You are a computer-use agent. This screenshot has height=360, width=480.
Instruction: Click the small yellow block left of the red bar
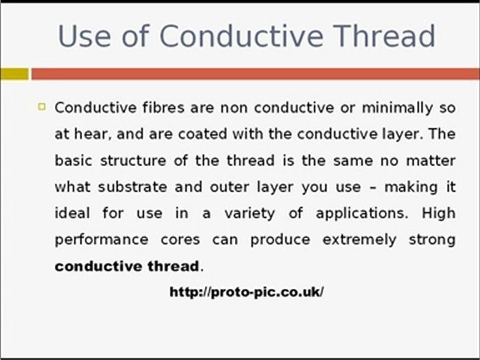[x=14, y=74]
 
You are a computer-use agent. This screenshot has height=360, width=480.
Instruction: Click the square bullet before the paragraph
[x=42, y=106]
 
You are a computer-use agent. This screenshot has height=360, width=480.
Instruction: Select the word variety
[x=249, y=213]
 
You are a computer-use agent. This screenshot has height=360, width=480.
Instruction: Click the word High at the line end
[x=438, y=213]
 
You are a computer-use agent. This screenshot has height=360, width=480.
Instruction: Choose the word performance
[x=101, y=240]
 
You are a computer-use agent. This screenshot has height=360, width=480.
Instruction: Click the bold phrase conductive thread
[x=126, y=266]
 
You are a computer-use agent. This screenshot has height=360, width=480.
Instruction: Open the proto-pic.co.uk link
[x=247, y=292]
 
